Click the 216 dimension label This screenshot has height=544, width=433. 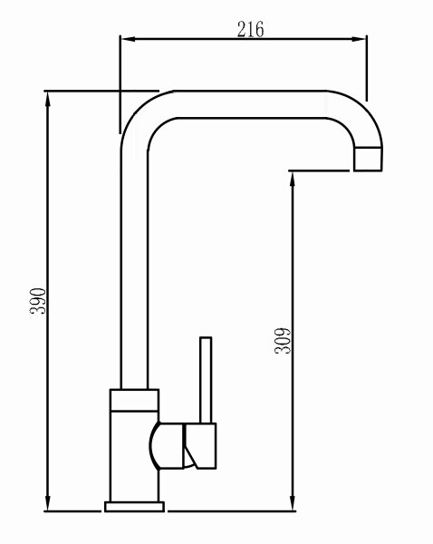point(250,29)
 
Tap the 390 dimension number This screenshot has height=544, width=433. point(38,301)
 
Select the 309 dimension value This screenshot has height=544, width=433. point(283,340)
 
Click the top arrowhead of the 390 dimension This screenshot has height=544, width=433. point(48,99)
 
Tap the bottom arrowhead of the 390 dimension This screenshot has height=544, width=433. point(48,503)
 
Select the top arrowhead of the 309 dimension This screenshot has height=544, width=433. point(293,179)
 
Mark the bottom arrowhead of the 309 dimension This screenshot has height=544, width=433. point(293,503)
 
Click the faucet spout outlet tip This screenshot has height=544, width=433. point(368,159)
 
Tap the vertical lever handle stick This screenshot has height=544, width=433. point(206,380)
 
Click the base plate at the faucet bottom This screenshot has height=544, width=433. point(134,507)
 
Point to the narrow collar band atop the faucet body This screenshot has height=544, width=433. point(134,400)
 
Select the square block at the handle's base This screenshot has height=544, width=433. point(199,446)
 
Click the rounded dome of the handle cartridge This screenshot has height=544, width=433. point(167,446)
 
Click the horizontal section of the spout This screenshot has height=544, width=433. point(251,104)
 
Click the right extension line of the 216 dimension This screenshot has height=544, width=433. point(367,68)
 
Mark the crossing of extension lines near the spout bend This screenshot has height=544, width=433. point(120,91)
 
